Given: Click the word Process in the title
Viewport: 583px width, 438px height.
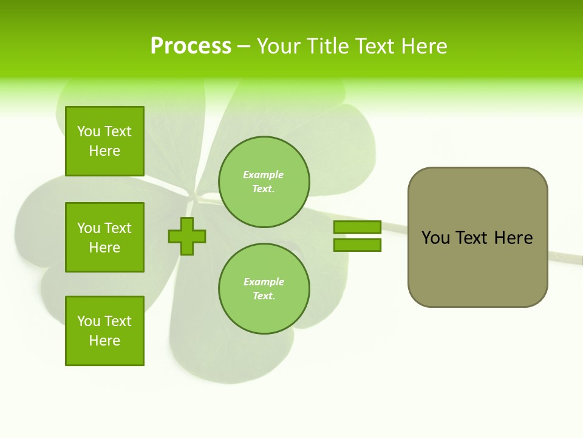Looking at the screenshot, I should (x=191, y=46).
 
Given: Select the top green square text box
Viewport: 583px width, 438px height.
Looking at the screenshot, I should (x=104, y=141).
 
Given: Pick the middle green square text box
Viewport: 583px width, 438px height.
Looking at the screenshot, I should (x=104, y=237).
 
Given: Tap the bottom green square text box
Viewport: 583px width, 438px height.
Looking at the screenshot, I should (x=104, y=331).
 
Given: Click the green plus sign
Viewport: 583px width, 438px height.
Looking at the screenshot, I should (x=187, y=236).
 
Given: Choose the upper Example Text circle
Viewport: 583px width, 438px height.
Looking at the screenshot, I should (x=264, y=181).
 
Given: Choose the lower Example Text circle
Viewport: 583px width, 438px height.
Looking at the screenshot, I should (x=264, y=288).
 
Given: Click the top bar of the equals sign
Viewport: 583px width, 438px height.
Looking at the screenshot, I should (x=357, y=227).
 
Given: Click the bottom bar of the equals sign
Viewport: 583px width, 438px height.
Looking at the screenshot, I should (x=357, y=245).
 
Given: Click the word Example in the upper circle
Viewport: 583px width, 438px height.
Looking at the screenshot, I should (x=263, y=175).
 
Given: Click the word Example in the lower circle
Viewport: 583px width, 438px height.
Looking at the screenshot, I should (x=264, y=282).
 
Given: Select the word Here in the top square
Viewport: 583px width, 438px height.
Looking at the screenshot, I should (x=104, y=151).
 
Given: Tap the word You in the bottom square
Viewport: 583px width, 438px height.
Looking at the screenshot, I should (x=89, y=321).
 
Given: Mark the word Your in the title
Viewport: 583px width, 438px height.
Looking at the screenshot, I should (x=279, y=46).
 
